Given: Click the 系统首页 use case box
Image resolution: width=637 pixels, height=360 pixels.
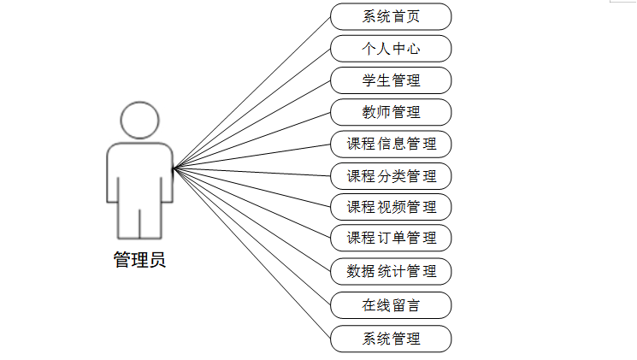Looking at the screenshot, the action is tap(391, 16).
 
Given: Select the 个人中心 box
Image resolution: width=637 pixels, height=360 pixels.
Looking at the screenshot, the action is tap(391, 48).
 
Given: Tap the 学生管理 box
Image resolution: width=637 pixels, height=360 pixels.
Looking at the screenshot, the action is tap(391, 80).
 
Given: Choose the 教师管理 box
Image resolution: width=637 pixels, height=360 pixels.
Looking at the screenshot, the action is tap(391, 112).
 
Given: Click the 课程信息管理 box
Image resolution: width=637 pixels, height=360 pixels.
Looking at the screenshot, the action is tap(391, 144).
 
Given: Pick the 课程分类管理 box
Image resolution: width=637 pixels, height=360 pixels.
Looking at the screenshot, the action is tap(391, 176).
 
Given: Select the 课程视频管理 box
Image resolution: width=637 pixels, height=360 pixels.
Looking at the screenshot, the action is tap(391, 207).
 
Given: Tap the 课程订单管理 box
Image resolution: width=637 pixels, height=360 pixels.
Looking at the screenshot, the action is tap(391, 238).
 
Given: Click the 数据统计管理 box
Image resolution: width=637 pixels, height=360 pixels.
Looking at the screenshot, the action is tap(391, 272).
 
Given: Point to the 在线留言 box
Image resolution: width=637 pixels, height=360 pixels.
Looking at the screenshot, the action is tap(391, 304).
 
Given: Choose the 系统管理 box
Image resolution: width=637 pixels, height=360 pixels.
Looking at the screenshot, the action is tap(391, 339).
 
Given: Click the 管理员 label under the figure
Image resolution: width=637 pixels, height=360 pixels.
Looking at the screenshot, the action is tap(139, 260).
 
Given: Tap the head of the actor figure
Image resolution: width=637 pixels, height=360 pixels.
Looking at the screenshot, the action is tap(139, 121).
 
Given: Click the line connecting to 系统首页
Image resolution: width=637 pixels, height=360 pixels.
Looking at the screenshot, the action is tap(252, 91).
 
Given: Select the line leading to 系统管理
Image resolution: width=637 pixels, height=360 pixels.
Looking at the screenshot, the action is tap(252, 254).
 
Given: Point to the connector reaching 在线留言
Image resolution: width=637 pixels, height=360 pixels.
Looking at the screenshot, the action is tap(252, 237).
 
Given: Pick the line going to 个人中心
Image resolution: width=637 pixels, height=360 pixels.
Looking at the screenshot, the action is tap(252, 108).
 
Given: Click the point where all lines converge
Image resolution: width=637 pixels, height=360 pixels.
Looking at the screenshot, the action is tap(174, 168).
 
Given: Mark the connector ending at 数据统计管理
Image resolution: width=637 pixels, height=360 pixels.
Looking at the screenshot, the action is tap(252, 221).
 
